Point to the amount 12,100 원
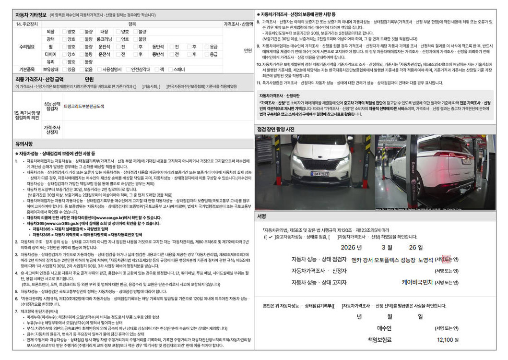point(448,339)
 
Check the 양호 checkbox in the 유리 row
point(63,62)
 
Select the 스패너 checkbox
point(170,69)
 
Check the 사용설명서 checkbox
point(99,69)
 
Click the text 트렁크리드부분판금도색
point(83,106)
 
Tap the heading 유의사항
point(24,144)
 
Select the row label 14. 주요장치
point(25,24)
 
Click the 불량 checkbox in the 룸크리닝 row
point(134,39)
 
